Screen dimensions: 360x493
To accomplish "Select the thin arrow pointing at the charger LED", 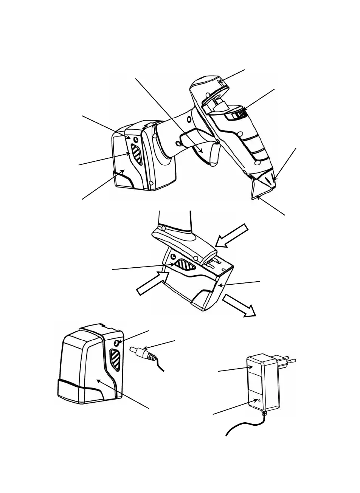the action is tap(234, 407).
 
